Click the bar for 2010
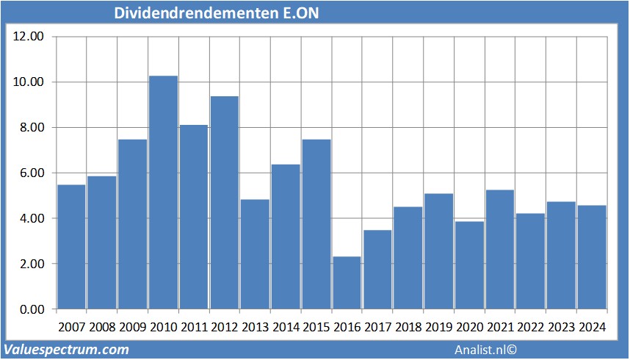click(163, 192)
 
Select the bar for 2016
click(347, 283)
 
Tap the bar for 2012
click(224, 203)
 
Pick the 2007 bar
click(71, 247)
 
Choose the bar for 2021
click(499, 250)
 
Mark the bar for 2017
click(377, 270)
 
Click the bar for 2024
click(591, 257)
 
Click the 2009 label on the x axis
click(132, 327)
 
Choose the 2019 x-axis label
click(438, 327)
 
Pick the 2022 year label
click(530, 327)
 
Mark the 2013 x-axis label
click(255, 327)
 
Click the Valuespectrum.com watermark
click(66, 350)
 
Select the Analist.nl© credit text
click(485, 350)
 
